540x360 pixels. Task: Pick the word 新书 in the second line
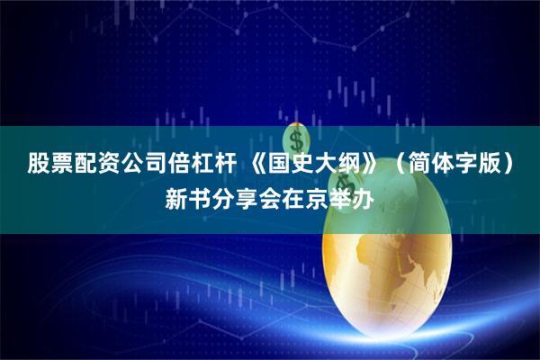point(189,195)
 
